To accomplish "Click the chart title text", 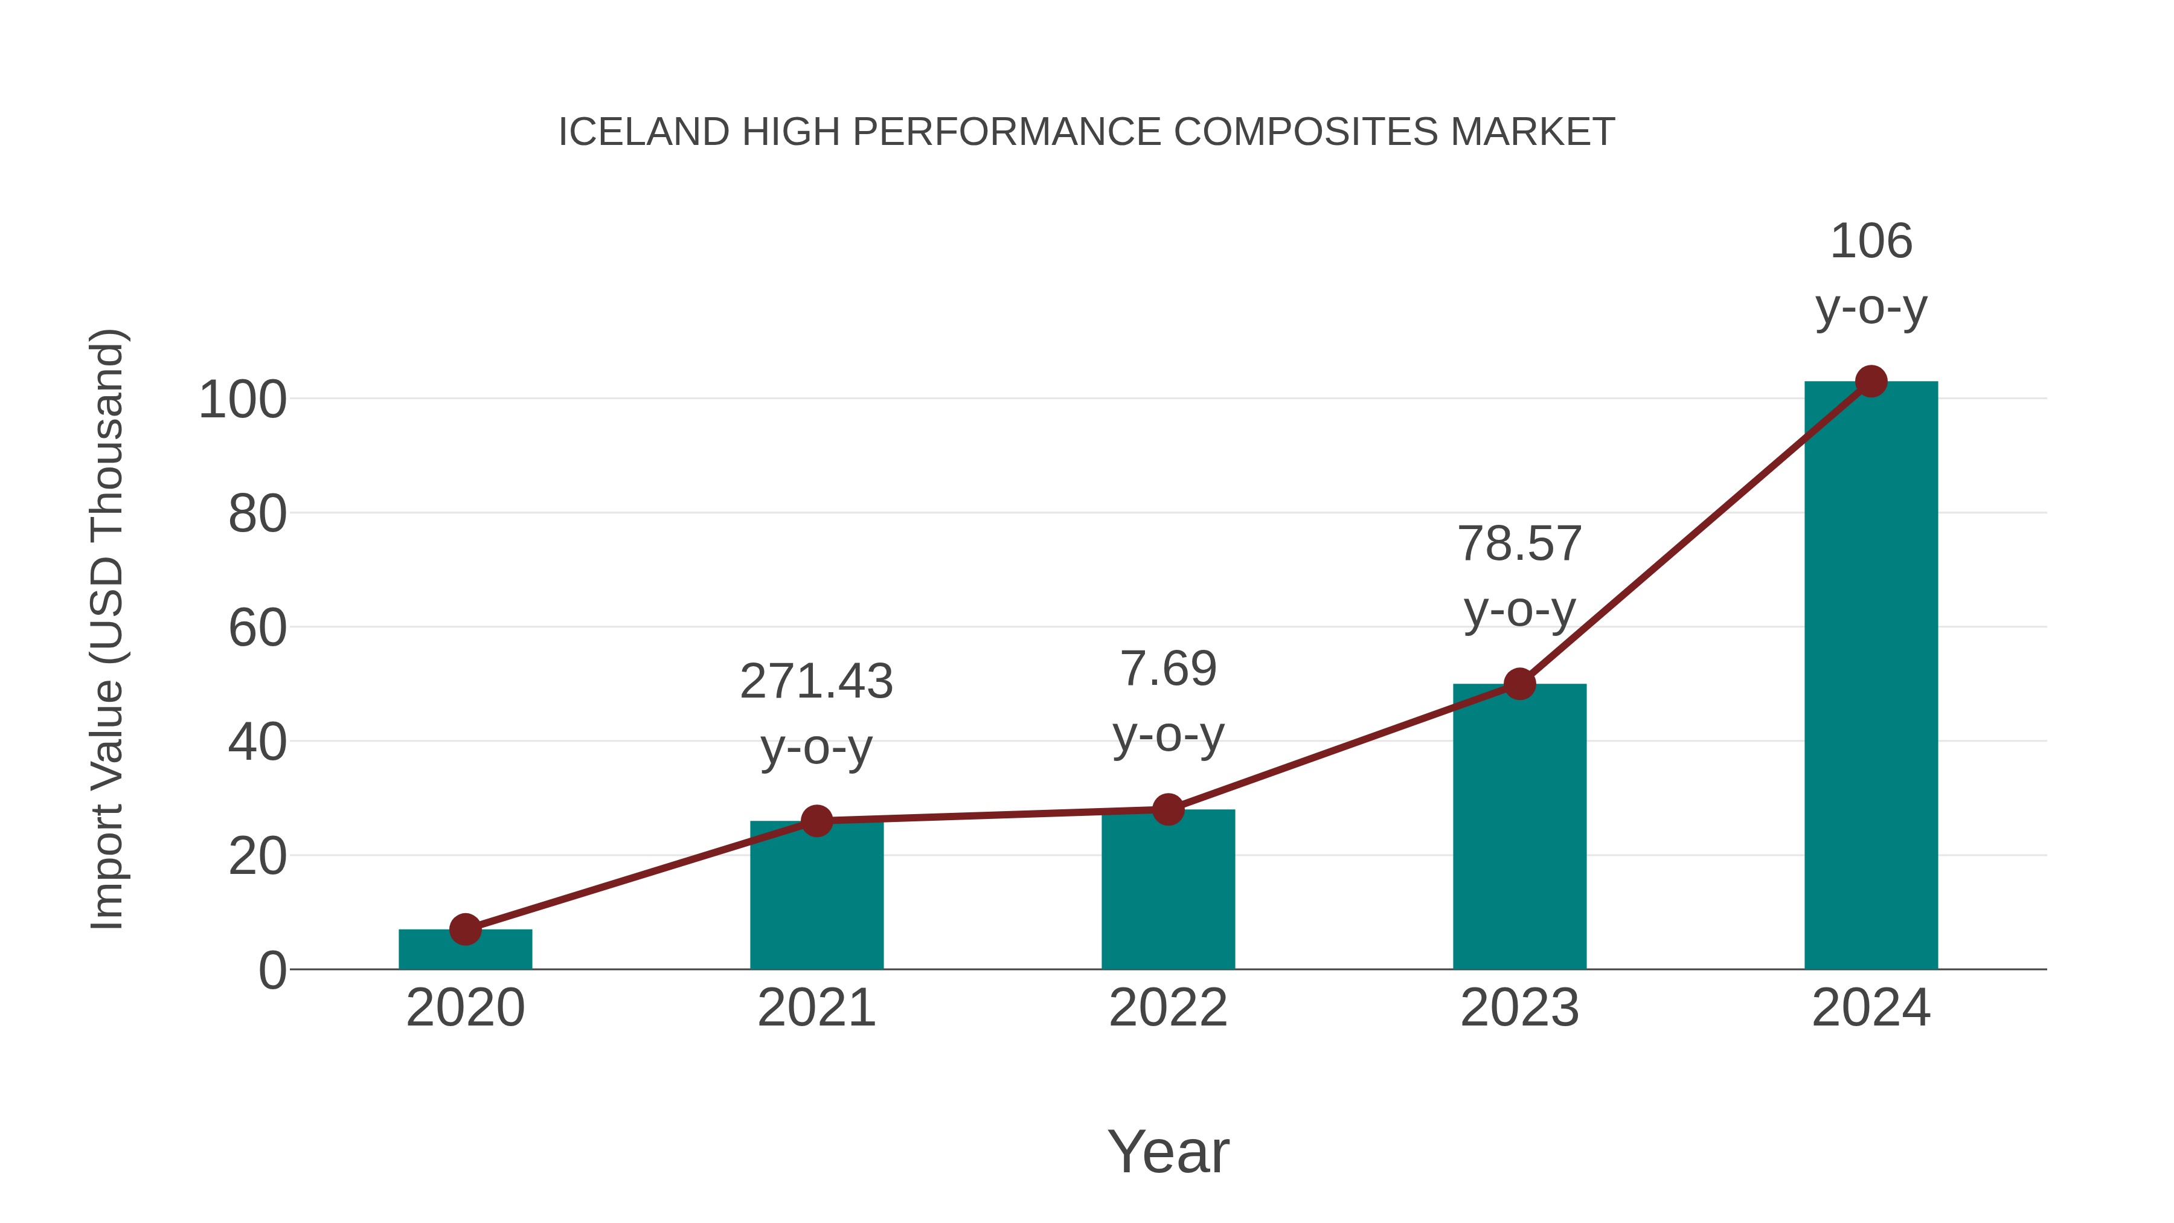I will (x=1086, y=132).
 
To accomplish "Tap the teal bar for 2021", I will (x=816, y=899).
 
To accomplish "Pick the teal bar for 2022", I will (x=1168, y=890).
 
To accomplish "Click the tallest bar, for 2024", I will (x=1871, y=675).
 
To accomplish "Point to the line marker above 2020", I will (x=465, y=929).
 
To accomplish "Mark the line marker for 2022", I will (x=1168, y=809).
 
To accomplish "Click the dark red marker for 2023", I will (x=1519, y=684).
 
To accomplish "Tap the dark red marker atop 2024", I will (x=1871, y=382).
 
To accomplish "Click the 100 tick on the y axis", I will (x=243, y=400).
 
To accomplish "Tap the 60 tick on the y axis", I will (x=257, y=629).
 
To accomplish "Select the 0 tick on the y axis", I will (x=272, y=971).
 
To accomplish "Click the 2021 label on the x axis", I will (x=816, y=1008).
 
